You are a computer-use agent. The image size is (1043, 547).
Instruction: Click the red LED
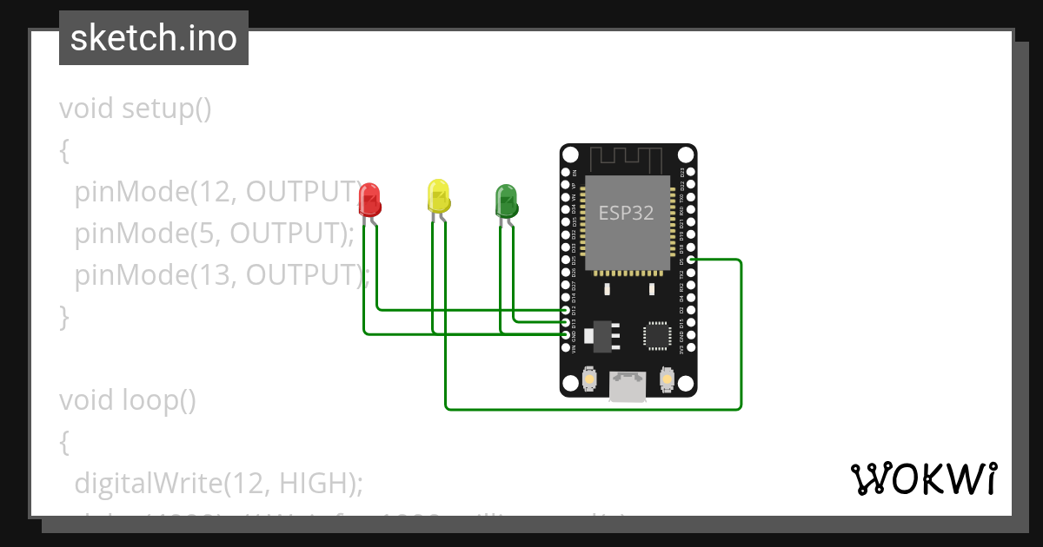369,200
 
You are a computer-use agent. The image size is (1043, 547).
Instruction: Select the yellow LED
439,196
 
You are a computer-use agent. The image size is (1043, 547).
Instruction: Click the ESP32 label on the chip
626,212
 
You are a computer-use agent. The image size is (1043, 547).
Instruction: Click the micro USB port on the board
627,386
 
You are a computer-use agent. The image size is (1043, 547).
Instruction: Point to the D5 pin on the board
690,260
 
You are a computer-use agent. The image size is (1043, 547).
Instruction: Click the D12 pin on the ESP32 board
566,310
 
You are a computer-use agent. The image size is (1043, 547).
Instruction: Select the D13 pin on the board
566,322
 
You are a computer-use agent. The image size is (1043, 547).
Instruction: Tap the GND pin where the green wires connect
566,334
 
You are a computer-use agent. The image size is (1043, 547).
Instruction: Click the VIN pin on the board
566,347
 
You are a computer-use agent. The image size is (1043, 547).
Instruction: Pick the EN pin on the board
566,173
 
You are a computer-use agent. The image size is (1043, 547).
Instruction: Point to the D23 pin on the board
690,173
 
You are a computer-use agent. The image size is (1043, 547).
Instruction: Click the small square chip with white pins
656,335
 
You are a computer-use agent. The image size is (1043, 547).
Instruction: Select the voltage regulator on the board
601,335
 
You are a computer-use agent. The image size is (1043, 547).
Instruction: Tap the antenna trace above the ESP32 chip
627,159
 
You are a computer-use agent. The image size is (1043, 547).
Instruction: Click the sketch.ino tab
154,38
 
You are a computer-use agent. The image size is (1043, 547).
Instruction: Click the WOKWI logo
923,478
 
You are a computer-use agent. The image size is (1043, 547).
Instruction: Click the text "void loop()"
128,400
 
